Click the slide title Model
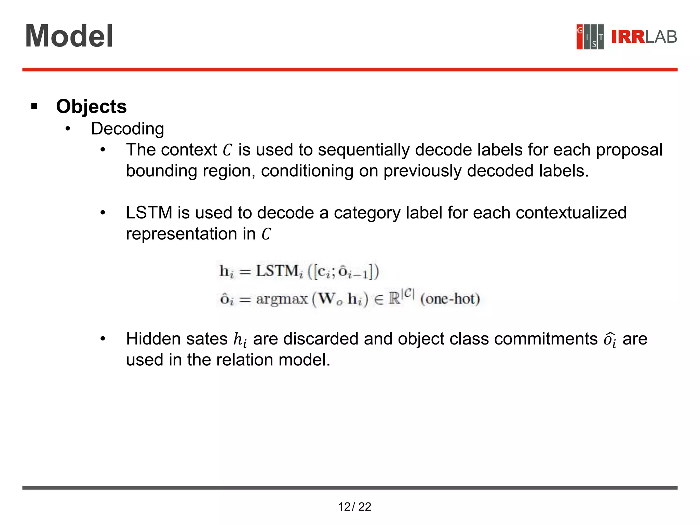69,36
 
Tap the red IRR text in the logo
628,37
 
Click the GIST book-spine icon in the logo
590,37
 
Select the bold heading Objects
91,106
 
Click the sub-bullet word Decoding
127,129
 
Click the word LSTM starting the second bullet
149,213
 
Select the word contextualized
571,213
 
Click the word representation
181,234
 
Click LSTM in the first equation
277,271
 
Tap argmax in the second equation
282,299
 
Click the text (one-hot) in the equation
450,299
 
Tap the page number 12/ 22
354,507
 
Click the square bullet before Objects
34,106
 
